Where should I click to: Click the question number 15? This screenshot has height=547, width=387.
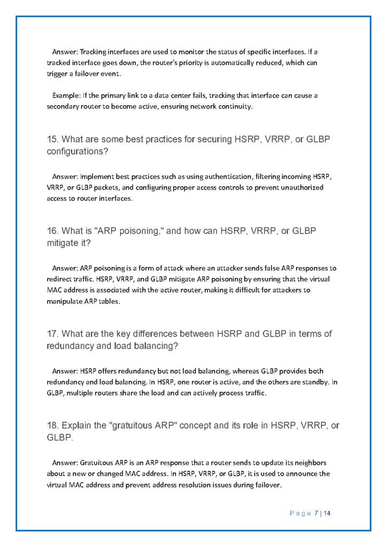coord(52,139)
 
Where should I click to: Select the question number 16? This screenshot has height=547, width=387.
coord(52,231)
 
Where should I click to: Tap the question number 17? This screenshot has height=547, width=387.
coord(52,334)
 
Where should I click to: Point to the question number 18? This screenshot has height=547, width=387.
coord(52,426)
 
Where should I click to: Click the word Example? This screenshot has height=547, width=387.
coord(66,96)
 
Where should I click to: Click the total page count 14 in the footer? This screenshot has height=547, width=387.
coord(328,513)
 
